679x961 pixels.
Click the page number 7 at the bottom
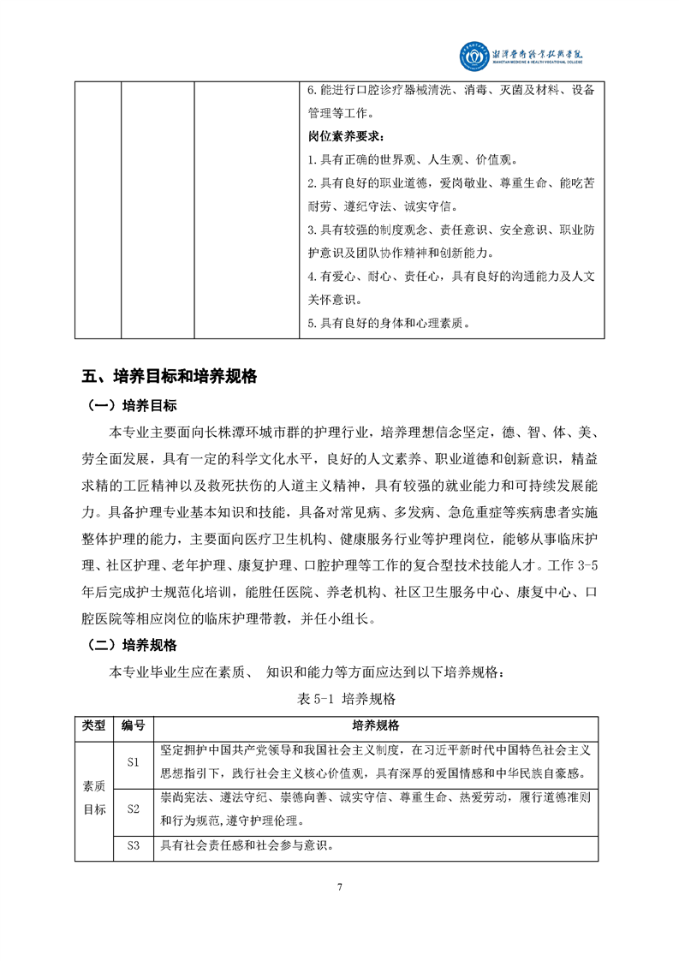tap(340, 886)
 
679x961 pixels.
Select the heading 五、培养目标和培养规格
tap(170, 376)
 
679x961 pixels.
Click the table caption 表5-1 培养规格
tap(339, 698)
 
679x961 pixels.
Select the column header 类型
tap(93, 725)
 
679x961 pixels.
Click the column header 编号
tap(134, 725)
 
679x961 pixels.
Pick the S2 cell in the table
tap(134, 809)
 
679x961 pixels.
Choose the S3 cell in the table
tap(134, 846)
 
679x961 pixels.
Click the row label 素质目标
tap(93, 797)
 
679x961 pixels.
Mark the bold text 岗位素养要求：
tap(346, 137)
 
